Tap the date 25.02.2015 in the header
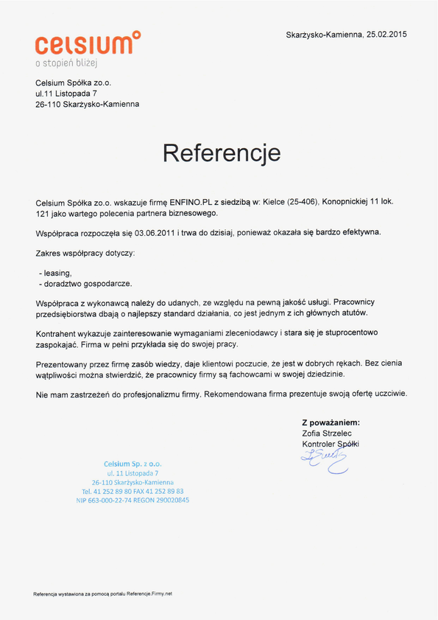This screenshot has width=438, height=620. pyautogui.click(x=388, y=34)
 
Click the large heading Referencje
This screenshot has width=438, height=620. pyautogui.click(x=222, y=153)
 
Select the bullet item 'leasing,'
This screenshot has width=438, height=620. pyautogui.click(x=58, y=272)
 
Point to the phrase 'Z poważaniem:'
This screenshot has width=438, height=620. pyautogui.click(x=331, y=422)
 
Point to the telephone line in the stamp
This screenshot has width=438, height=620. pyautogui.click(x=133, y=490)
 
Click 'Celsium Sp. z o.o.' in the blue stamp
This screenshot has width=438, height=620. pyautogui.click(x=133, y=463)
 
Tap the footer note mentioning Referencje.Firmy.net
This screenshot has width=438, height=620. pyautogui.click(x=102, y=593)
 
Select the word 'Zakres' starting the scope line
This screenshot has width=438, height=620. pyautogui.click(x=49, y=253)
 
